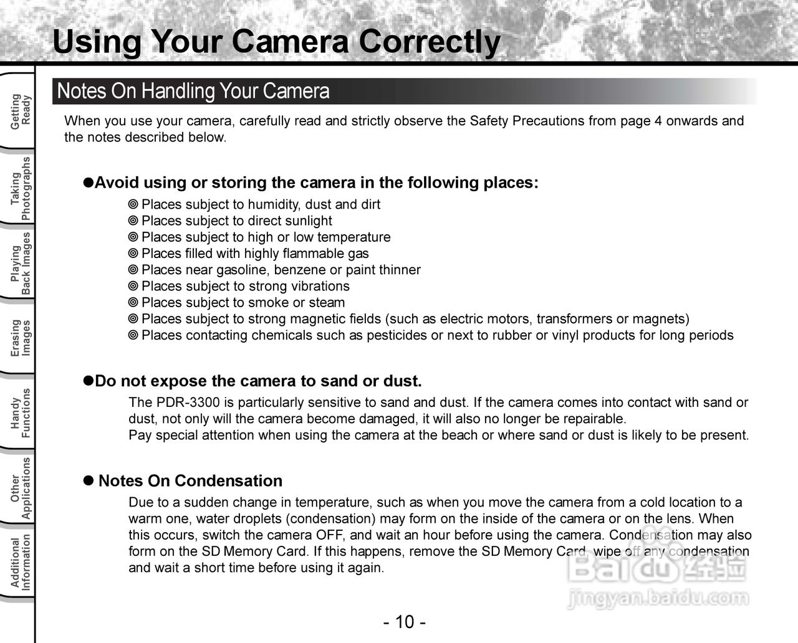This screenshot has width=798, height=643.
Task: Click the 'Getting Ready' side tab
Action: click(x=20, y=111)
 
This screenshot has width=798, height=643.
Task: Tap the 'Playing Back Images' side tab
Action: click(x=20, y=264)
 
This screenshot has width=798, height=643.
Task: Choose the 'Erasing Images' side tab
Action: click(x=20, y=338)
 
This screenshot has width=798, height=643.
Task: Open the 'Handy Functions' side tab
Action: click(x=20, y=412)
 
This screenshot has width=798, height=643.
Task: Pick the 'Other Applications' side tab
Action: click(x=20, y=488)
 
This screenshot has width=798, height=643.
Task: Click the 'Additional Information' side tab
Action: click(x=20, y=562)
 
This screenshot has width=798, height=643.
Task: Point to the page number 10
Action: click(x=404, y=622)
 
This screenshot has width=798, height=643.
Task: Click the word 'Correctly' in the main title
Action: click(x=429, y=42)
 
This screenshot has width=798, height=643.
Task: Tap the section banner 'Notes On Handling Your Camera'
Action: click(x=193, y=92)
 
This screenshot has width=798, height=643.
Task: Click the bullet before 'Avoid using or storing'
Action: click(x=89, y=183)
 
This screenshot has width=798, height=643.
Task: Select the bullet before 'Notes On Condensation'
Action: click(x=89, y=481)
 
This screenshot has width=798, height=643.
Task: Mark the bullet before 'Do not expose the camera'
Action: click(x=89, y=381)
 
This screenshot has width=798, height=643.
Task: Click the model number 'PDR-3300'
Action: click(x=188, y=402)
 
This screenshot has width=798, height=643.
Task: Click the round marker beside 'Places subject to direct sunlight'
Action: click(x=133, y=221)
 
